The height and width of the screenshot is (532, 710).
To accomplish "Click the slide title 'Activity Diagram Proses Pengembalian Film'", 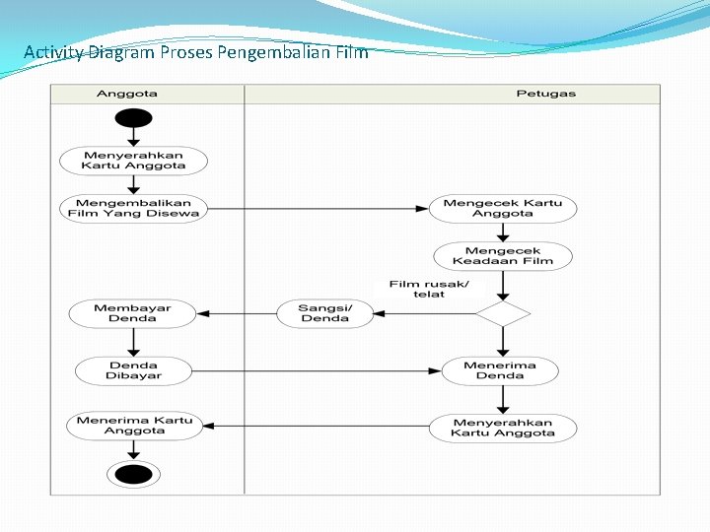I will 195,52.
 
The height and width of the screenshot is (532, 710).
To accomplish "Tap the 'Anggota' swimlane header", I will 126,95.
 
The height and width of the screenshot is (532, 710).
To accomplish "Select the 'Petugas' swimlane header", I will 545,95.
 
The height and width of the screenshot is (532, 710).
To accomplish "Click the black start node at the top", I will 133,118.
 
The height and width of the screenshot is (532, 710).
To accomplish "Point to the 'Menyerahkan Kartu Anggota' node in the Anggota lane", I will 133,161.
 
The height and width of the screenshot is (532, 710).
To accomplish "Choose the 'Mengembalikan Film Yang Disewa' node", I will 133,208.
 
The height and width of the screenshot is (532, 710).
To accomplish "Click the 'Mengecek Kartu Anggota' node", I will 502,208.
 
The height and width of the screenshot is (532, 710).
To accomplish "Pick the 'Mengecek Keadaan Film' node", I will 503,256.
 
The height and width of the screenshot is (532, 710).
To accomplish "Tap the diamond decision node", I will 503,314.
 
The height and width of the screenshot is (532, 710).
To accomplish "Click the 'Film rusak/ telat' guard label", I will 429,289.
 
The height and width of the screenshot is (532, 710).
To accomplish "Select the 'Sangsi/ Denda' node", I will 325,313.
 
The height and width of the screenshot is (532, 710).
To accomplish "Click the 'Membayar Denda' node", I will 132,313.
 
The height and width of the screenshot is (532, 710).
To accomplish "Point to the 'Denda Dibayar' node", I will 133,370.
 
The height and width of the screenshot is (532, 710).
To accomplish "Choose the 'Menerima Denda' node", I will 500,370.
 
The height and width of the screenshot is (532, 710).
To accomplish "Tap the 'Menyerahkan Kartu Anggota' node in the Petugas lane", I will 502,428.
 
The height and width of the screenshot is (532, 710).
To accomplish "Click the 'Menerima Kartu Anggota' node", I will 134,426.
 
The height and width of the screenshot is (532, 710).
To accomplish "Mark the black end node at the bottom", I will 133,475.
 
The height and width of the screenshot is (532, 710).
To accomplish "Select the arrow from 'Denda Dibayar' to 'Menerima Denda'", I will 316,371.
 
